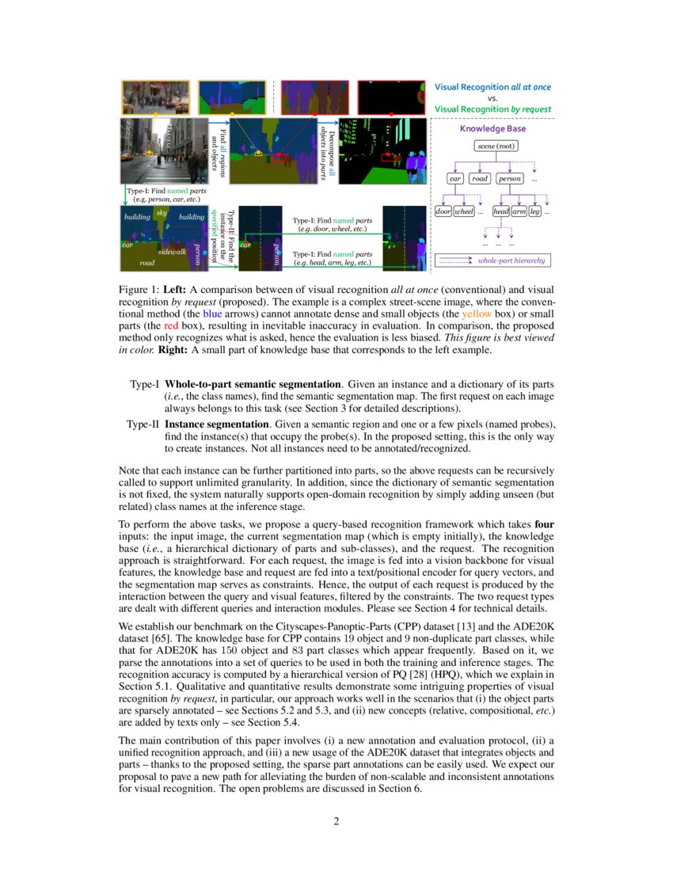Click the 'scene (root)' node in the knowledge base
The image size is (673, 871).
click(x=496, y=146)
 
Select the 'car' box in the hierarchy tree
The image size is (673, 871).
click(x=454, y=179)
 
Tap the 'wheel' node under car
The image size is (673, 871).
click(x=463, y=211)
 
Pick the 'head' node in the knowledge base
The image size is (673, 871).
click(x=500, y=211)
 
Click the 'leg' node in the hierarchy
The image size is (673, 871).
click(x=535, y=211)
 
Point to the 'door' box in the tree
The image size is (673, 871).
click(x=443, y=211)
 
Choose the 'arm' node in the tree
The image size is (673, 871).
click(x=519, y=211)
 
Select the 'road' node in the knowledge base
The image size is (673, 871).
click(x=480, y=179)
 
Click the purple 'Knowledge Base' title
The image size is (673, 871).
click(x=492, y=128)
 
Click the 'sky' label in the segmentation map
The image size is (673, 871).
click(x=162, y=213)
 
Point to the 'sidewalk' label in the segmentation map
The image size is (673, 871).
click(x=172, y=251)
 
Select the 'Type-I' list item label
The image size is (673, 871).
click(x=145, y=384)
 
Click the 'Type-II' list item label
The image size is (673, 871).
click(x=143, y=424)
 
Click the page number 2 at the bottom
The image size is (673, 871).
click(x=336, y=820)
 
